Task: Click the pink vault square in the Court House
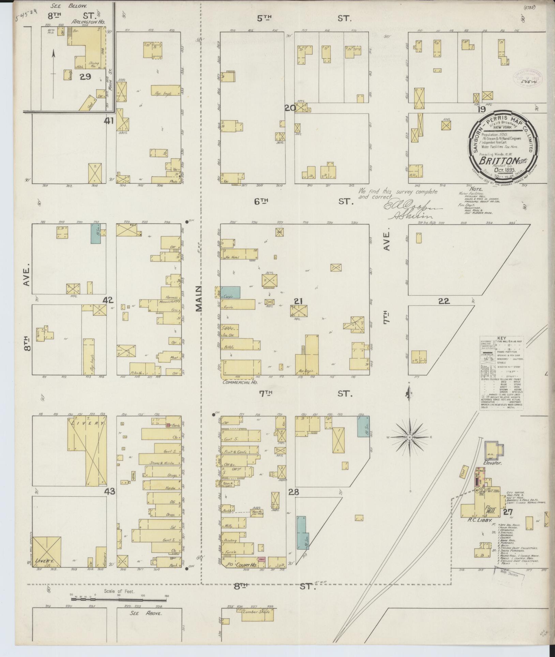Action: [x=262, y=559]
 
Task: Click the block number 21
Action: [x=298, y=301]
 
